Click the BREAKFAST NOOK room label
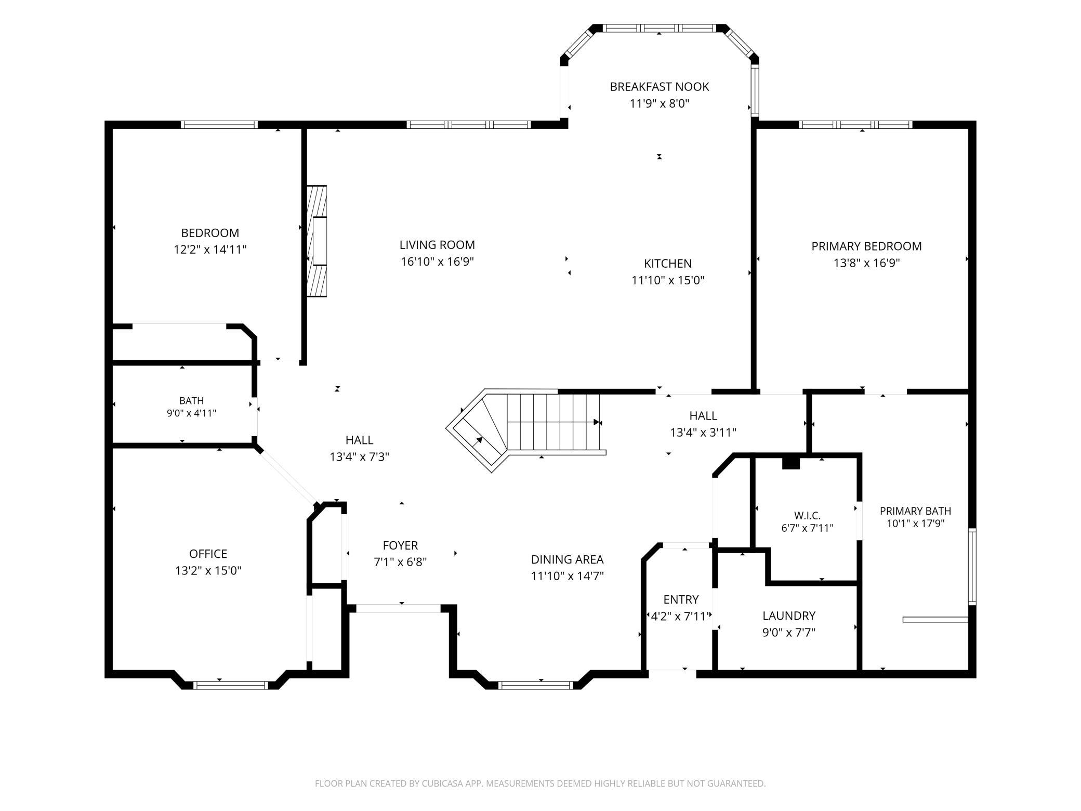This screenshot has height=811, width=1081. [659, 87]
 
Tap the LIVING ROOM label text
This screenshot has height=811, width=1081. [437, 245]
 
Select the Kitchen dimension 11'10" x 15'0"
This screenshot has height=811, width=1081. [668, 281]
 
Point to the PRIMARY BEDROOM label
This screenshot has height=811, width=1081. [866, 246]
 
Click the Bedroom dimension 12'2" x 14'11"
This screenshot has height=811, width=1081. [210, 250]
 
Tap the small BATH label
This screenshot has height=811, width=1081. [191, 401]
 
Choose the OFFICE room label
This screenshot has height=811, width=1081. [208, 554]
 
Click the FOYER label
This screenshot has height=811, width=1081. [400, 545]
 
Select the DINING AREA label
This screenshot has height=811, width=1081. [567, 559]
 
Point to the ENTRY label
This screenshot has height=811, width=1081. [681, 599]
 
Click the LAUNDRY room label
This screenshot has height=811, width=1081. [788, 616]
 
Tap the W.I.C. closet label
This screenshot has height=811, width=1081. [807, 516]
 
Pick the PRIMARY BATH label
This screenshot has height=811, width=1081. [915, 511]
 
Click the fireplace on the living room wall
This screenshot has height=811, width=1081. [317, 241]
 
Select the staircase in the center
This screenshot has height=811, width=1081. [525, 429]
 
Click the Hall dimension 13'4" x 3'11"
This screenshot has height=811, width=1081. [703, 433]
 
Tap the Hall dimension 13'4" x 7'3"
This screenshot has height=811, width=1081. [359, 457]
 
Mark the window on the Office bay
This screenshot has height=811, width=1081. [231, 685]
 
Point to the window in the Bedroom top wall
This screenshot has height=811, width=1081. [219, 125]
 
